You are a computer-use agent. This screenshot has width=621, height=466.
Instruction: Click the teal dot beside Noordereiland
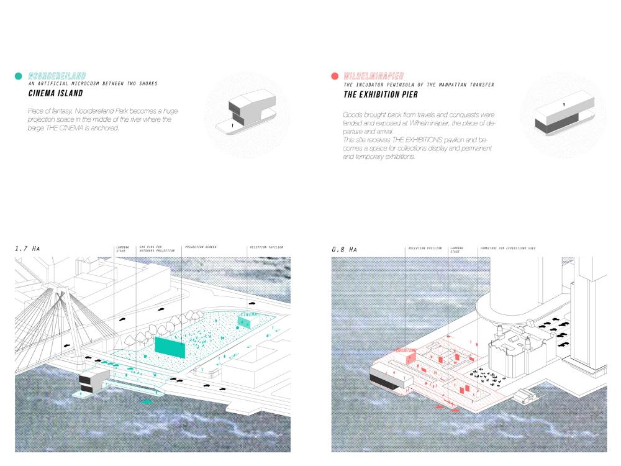click(19, 76)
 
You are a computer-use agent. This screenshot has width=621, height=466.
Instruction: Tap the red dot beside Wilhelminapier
click(335, 76)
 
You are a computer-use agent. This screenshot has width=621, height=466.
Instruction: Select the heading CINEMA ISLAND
click(55, 94)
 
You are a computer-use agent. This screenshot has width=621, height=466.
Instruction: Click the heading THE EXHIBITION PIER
click(381, 95)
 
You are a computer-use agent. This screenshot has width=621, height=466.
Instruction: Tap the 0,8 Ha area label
click(344, 249)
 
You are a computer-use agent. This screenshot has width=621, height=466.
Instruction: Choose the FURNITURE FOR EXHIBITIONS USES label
click(507, 248)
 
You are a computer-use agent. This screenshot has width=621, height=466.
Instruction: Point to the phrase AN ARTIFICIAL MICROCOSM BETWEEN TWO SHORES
click(93, 83)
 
